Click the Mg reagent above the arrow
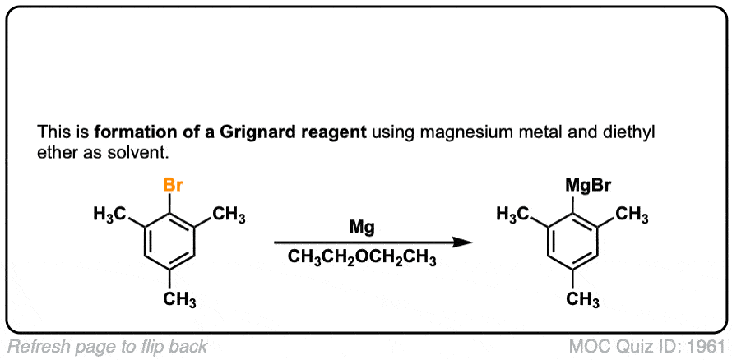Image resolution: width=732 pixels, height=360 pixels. (362, 226)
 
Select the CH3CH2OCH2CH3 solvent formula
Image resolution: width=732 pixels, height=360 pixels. (363, 258)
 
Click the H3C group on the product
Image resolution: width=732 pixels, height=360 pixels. (516, 215)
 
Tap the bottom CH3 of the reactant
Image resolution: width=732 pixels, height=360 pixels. (179, 300)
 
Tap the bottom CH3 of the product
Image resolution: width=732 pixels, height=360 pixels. (583, 300)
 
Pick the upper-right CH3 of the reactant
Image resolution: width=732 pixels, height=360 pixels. (229, 215)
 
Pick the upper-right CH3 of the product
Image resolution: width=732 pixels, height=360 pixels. (632, 215)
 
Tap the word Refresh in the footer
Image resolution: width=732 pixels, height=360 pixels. (34, 346)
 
